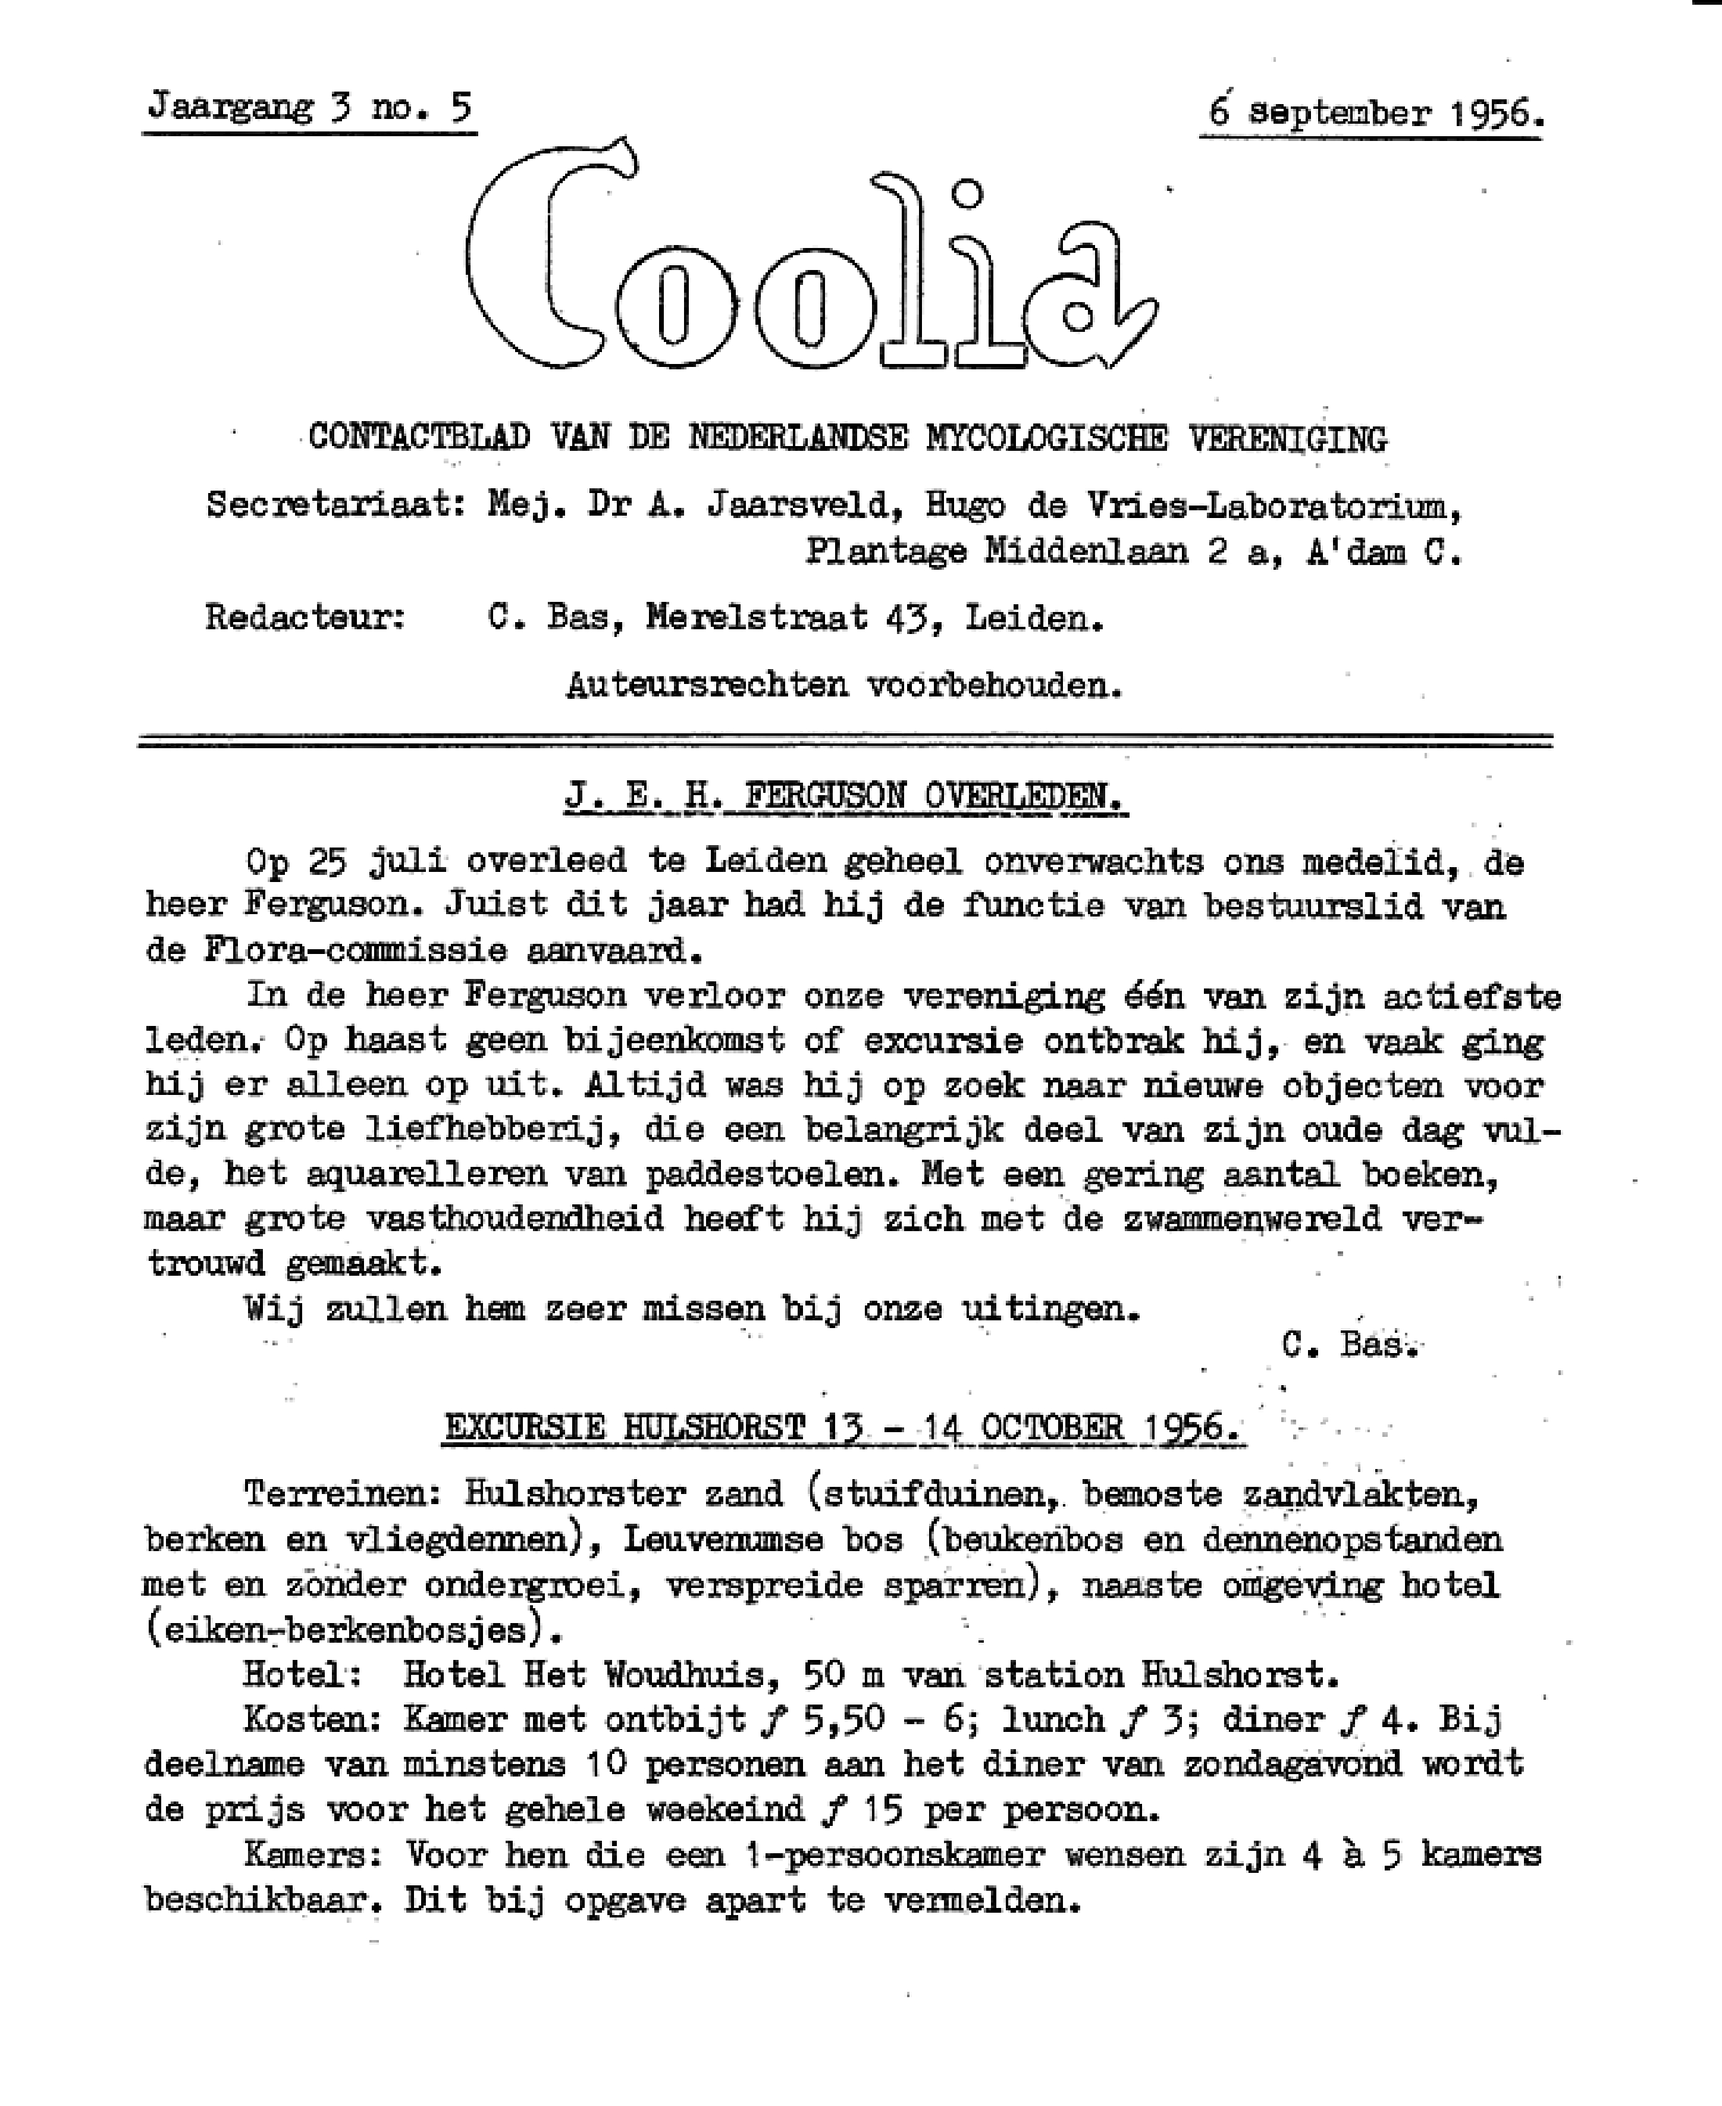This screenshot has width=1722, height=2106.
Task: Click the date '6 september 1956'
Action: click(x=1375, y=112)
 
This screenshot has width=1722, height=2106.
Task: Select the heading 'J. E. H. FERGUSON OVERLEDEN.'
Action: click(x=845, y=796)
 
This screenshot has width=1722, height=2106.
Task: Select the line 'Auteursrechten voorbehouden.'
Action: click(x=844, y=685)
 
